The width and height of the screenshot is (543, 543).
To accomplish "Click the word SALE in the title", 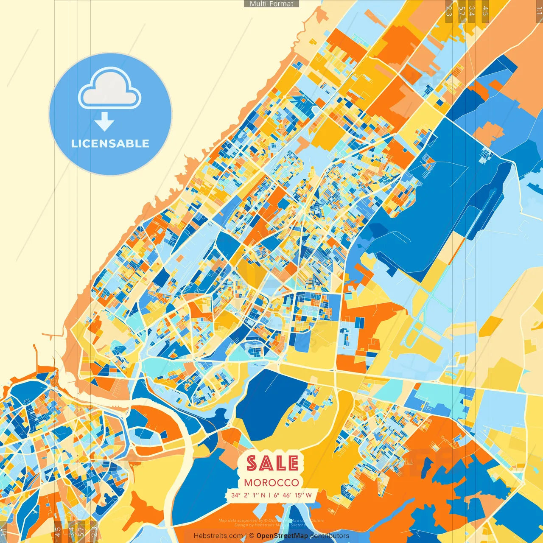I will pos(273,463).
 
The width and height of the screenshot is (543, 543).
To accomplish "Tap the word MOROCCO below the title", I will pos(271,483).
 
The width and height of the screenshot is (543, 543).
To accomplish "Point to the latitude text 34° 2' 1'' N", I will pos(249,495).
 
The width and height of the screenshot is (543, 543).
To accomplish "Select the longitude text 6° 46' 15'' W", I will pos(293,495).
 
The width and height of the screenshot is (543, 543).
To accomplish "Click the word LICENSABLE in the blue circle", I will pos(110,143).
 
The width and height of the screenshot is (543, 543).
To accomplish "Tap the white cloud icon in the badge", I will pos(109,90).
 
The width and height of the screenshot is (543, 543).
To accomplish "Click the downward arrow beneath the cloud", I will pos(104,122).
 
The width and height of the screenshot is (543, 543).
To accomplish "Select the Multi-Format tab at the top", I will pos(271,4).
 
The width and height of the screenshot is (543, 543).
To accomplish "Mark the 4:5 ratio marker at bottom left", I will pos(58,532).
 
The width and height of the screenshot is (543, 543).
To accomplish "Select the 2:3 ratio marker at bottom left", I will pos(94,532).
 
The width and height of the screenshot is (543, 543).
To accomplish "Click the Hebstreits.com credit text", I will pos(218,536).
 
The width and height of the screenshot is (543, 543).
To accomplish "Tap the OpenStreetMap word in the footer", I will pos(282,536).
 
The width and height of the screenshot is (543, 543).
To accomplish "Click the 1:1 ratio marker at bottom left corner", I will pos(4,532).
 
